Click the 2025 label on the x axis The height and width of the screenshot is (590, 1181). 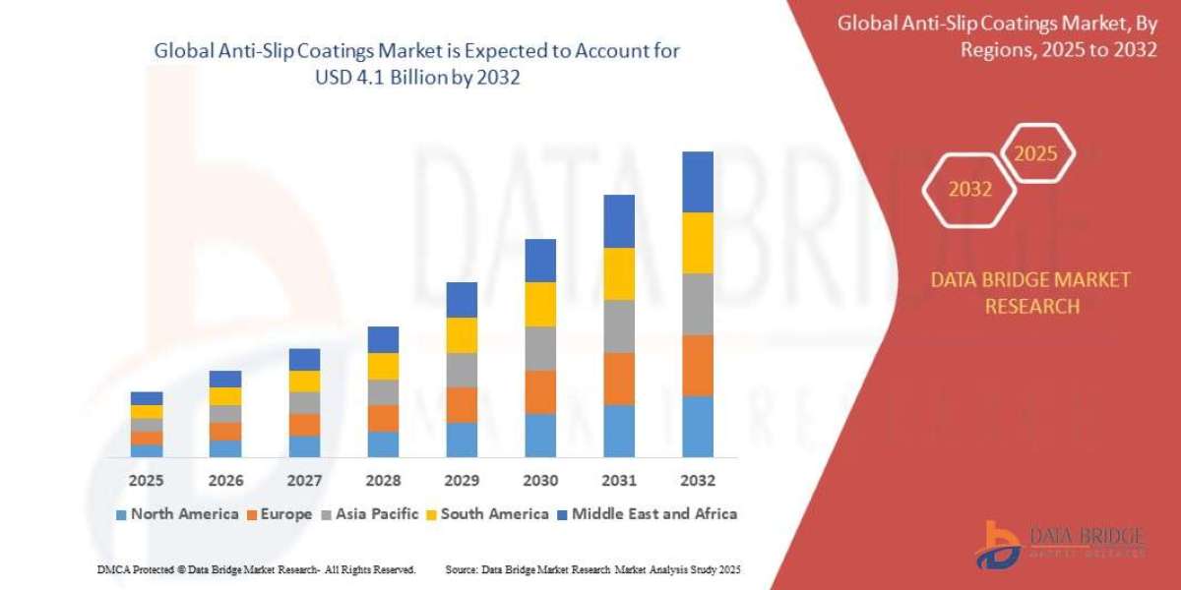pos(147,481)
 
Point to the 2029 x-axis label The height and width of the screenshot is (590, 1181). pos(462,481)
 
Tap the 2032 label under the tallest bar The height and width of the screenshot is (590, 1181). pos(698,481)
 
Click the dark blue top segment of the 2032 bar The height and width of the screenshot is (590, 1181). pos(698,182)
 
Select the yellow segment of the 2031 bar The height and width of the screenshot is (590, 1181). pos(619,273)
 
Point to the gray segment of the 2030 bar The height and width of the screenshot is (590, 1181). pos(540,348)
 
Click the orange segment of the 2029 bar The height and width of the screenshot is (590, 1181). pos(462,404)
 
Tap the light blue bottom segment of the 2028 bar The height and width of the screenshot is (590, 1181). pos(383,444)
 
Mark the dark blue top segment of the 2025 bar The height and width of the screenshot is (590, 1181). pos(147,398)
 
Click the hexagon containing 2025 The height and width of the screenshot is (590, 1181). pos(1035,153)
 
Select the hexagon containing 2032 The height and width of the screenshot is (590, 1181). pos(969,190)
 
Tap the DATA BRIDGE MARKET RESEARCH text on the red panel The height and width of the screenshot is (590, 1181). pos(1030,293)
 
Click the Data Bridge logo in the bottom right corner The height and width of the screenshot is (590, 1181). pos(1061,544)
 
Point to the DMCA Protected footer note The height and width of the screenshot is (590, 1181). pos(256,569)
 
